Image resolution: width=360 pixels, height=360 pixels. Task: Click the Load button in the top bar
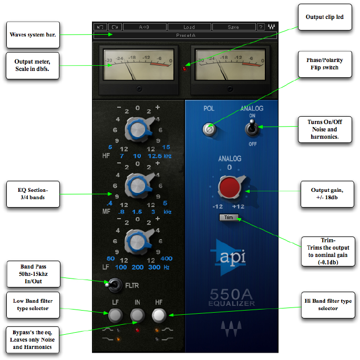tap(189, 27)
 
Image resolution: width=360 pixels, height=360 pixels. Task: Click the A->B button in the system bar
tap(145, 27)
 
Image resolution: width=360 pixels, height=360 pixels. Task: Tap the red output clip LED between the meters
tap(184, 68)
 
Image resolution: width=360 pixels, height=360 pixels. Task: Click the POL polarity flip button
tap(210, 128)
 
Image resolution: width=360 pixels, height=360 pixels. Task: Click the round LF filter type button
tap(116, 315)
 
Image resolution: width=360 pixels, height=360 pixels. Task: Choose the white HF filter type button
tap(159, 315)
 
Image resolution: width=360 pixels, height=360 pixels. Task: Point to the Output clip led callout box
tap(325, 17)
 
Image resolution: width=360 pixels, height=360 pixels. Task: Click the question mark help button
tap(261, 27)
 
